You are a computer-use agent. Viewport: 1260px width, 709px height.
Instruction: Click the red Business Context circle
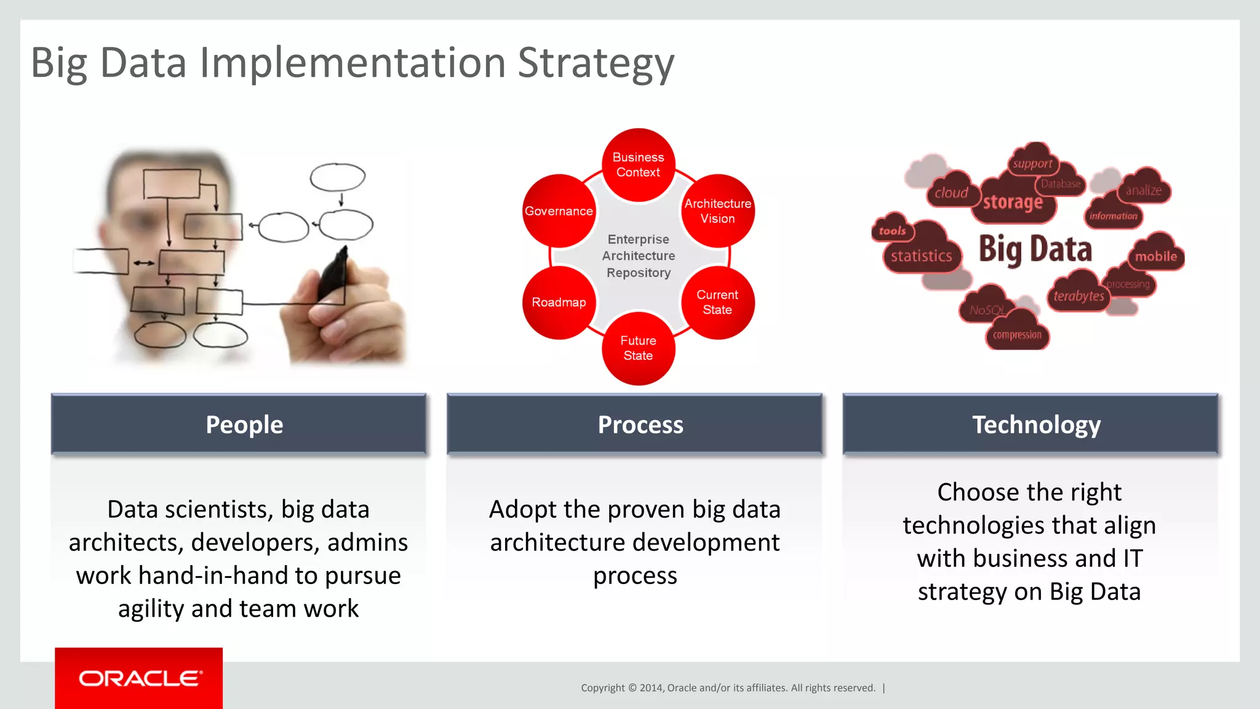click(638, 165)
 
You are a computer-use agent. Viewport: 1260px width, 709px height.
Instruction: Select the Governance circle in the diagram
click(559, 211)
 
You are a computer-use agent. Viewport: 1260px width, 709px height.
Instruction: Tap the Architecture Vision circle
click(717, 211)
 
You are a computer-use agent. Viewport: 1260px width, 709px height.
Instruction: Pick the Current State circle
click(717, 302)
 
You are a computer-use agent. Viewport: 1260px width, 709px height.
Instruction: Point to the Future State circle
click(638, 348)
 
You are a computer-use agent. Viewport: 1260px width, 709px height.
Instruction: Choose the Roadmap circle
click(559, 302)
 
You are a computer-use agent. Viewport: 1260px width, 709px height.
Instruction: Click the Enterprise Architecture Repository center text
click(638, 256)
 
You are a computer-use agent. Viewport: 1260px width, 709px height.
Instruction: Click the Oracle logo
click(139, 678)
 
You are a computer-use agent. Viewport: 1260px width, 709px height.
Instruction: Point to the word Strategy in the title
click(596, 64)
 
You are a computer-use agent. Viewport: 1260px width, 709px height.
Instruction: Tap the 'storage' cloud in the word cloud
click(1013, 202)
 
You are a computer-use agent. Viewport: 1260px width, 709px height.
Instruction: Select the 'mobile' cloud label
click(1156, 257)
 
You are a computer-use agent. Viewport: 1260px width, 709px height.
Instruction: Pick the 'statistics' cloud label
click(921, 256)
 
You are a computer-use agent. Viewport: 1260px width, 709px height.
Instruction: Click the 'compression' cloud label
click(1017, 335)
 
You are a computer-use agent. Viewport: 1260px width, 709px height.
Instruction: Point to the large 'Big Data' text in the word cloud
click(1035, 249)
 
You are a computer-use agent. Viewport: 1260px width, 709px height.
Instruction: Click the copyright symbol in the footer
click(632, 688)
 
